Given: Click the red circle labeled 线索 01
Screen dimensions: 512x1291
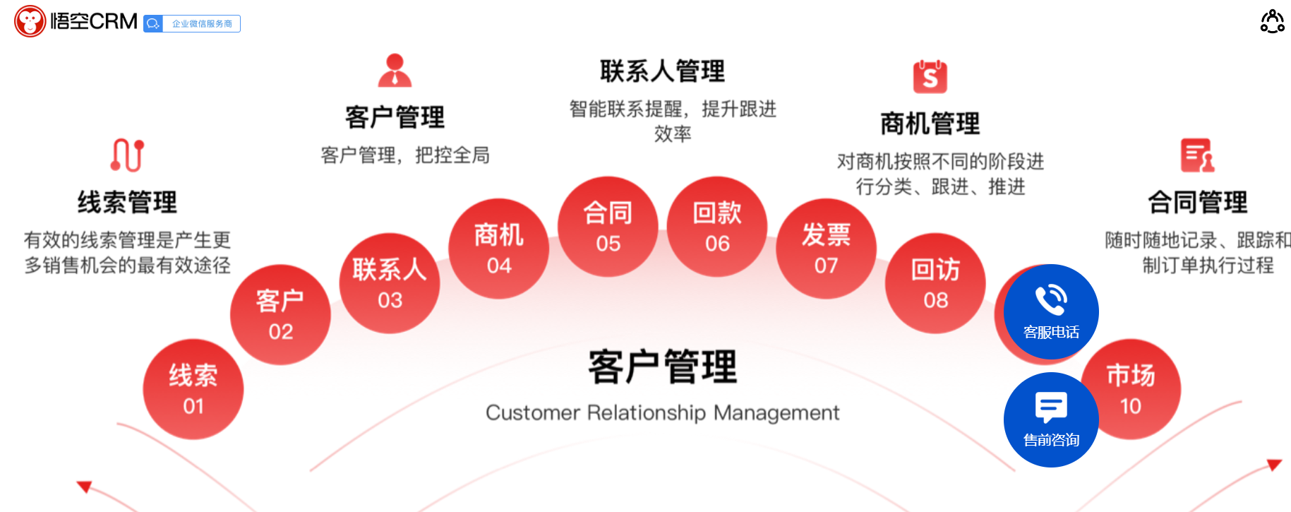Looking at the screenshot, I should coord(193,389).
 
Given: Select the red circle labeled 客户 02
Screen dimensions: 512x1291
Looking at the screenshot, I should coord(280,314).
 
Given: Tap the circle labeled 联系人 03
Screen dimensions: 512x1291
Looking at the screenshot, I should coord(390,283).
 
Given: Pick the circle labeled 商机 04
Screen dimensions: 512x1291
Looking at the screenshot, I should coord(498,249).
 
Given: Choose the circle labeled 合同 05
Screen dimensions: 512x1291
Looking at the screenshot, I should coord(608,226).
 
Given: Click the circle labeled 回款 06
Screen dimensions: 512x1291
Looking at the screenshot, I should coord(717,226).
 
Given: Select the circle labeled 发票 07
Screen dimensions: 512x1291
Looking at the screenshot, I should coord(826,249).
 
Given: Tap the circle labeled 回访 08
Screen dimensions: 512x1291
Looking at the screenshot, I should coord(935,283).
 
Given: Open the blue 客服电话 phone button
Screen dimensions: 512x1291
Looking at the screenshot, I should coord(1051,312).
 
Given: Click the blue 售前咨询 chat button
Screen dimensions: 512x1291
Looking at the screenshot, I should coord(1051,419).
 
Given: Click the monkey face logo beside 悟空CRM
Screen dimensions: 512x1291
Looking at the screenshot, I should coord(30,22).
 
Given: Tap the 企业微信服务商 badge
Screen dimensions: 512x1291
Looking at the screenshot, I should coord(192,24).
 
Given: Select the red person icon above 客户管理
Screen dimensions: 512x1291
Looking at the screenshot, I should coord(395,71).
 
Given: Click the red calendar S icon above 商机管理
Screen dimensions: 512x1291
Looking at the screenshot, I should coord(930,76).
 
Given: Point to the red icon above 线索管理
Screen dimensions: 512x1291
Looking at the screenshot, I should coord(127,155).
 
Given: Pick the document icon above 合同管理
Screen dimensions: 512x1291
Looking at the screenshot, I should coord(1197,155).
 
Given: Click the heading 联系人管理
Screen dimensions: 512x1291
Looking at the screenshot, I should coord(662,71).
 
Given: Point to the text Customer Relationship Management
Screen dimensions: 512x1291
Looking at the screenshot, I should coord(662,412).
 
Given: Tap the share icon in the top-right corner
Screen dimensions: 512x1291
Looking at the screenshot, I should coord(1272,21).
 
